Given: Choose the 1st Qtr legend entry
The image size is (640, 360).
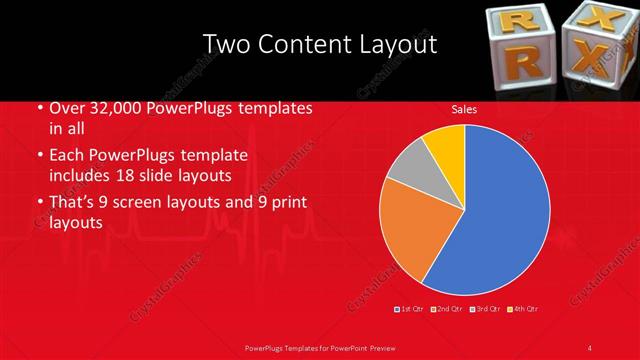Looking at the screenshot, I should click(x=410, y=309).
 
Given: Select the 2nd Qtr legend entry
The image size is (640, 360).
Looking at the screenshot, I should click(x=447, y=309).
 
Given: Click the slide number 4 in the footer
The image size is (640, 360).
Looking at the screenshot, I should click(x=591, y=347).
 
